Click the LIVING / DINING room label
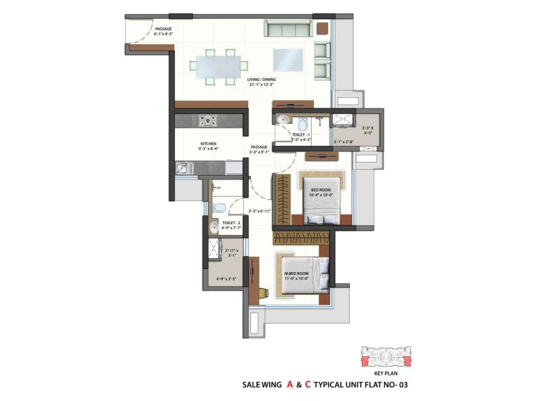(261, 82)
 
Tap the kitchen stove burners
(208, 121)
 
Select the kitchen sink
(184, 168)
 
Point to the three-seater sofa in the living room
(288, 28)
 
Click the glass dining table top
(218, 67)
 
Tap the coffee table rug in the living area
(288, 60)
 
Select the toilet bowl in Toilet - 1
(302, 125)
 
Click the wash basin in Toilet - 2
(214, 228)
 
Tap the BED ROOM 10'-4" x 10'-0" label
(321, 192)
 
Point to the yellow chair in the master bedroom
(263, 293)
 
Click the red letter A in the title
(290, 385)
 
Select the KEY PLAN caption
(386, 373)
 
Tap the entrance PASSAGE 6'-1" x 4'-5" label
(163, 31)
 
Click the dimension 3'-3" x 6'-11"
(259, 211)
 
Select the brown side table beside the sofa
(322, 28)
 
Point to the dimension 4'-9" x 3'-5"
(226, 279)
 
